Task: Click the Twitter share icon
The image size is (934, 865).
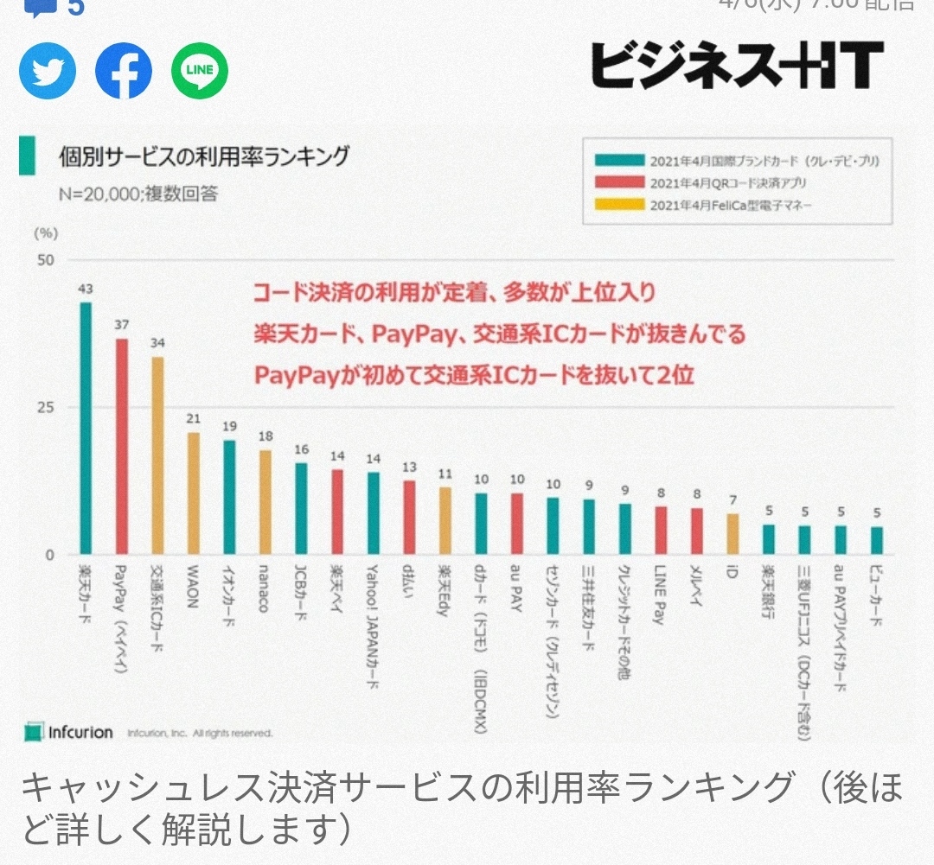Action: [x=48, y=71]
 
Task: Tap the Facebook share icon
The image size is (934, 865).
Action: [x=124, y=71]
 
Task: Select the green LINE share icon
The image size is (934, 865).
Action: [x=200, y=71]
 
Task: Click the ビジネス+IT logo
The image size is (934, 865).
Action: [x=737, y=66]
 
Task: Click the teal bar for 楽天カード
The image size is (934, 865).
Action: [x=86, y=428]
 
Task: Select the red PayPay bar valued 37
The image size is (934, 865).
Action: [x=122, y=446]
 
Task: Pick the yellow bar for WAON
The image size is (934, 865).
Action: [x=194, y=493]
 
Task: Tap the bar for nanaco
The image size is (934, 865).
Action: [x=265, y=502]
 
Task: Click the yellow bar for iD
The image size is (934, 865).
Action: [x=732, y=534]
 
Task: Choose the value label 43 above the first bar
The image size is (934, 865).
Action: [x=86, y=289]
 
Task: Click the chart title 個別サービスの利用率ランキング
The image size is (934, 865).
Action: [x=204, y=157]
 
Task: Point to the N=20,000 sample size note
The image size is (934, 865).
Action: [x=138, y=193]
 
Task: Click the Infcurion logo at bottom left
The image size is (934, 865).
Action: [x=69, y=733]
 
